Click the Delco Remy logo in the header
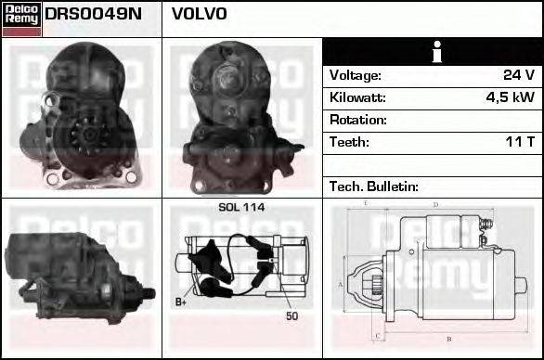coord(21,19)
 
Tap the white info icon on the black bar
coord(432,51)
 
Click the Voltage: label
coord(355,75)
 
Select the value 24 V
coord(517,75)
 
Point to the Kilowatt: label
coord(356,97)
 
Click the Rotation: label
coord(357,120)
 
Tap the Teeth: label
coord(349,142)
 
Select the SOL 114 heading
coord(240,208)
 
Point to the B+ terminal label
coord(181,302)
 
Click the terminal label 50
coord(293,316)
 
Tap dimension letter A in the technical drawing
coord(341,283)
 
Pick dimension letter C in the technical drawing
coord(376,334)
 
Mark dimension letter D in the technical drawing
coord(435,204)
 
